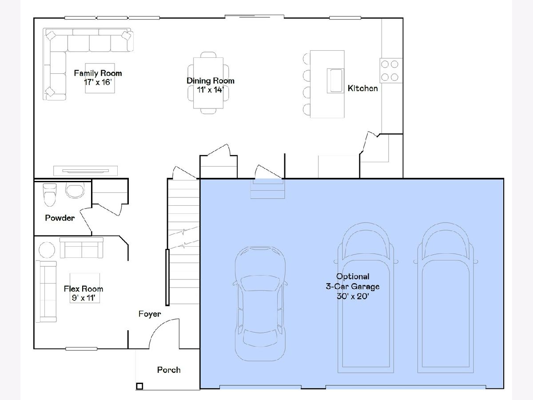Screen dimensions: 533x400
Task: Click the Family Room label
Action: point(98,73)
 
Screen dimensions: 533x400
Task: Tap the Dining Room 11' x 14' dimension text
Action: point(210,90)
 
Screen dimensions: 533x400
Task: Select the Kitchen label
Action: point(362,88)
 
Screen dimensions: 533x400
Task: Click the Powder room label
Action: point(60,218)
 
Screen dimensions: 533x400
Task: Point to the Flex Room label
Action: point(84,288)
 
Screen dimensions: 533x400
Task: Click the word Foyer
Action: point(150,314)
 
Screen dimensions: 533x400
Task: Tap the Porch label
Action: point(169,370)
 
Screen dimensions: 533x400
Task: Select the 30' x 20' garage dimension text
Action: point(353,296)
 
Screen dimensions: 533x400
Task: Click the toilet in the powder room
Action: point(50,195)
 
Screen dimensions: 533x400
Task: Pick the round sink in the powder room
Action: point(75,190)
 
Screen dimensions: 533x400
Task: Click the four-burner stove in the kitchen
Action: point(391,70)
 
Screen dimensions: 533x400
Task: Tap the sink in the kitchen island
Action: point(336,80)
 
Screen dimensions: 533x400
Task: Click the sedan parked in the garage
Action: point(260,304)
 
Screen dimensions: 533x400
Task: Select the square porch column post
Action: point(139,386)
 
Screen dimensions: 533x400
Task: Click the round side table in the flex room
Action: point(47,250)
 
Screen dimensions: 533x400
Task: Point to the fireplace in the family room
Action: point(85,171)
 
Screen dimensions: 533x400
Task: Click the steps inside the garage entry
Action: point(267,189)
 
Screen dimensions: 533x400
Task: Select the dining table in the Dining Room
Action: point(208,83)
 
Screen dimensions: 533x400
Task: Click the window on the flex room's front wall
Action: point(81,349)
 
